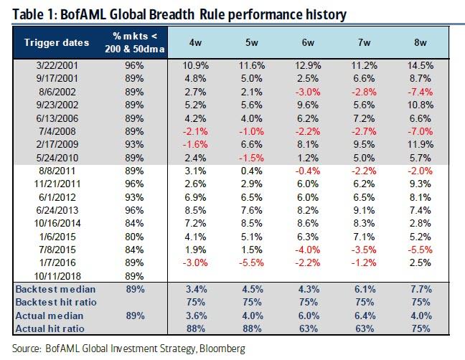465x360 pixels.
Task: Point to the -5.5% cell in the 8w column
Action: pyautogui.click(x=421, y=249)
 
